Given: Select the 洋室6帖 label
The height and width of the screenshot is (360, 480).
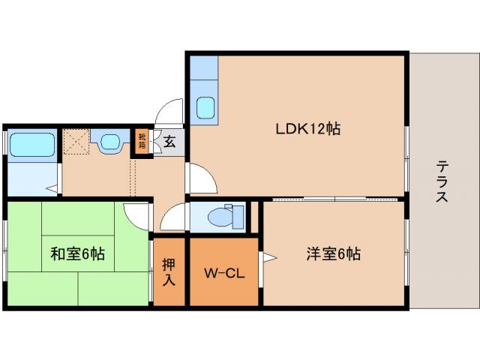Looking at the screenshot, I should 333,254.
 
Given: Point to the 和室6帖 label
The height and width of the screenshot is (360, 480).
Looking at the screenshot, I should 78,254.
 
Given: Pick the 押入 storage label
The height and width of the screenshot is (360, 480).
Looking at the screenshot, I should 169,271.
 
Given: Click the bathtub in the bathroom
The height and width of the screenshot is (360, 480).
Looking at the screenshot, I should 33,143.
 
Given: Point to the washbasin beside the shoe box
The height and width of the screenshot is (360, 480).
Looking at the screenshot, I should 111,142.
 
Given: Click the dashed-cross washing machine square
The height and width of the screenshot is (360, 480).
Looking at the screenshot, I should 76,141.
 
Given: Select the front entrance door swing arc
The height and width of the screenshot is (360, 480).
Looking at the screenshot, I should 169,112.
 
